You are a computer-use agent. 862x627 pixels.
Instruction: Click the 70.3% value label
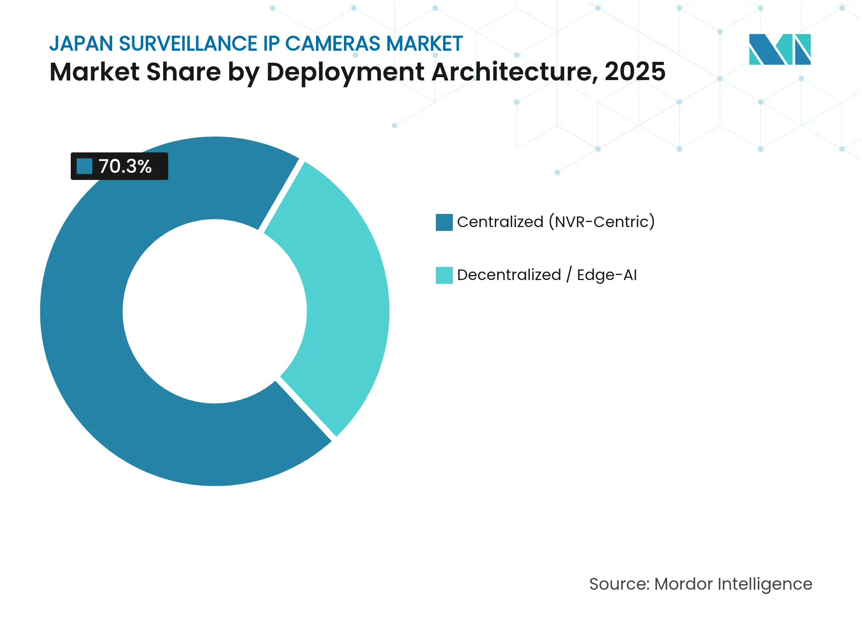click(x=125, y=166)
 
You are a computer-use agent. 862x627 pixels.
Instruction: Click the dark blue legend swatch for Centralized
click(x=444, y=222)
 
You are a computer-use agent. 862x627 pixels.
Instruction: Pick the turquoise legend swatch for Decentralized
click(x=444, y=275)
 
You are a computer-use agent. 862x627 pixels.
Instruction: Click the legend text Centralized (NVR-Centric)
click(x=556, y=222)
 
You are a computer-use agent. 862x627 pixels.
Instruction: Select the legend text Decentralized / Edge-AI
click(x=546, y=275)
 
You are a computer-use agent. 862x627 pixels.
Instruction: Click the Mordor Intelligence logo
click(x=779, y=49)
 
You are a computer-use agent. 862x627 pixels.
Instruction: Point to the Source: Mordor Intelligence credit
click(x=700, y=584)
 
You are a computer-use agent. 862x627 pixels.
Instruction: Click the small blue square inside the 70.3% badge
click(x=84, y=166)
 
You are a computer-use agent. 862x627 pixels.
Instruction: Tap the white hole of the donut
click(x=215, y=311)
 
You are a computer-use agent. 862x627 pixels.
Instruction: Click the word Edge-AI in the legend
click(x=607, y=275)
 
